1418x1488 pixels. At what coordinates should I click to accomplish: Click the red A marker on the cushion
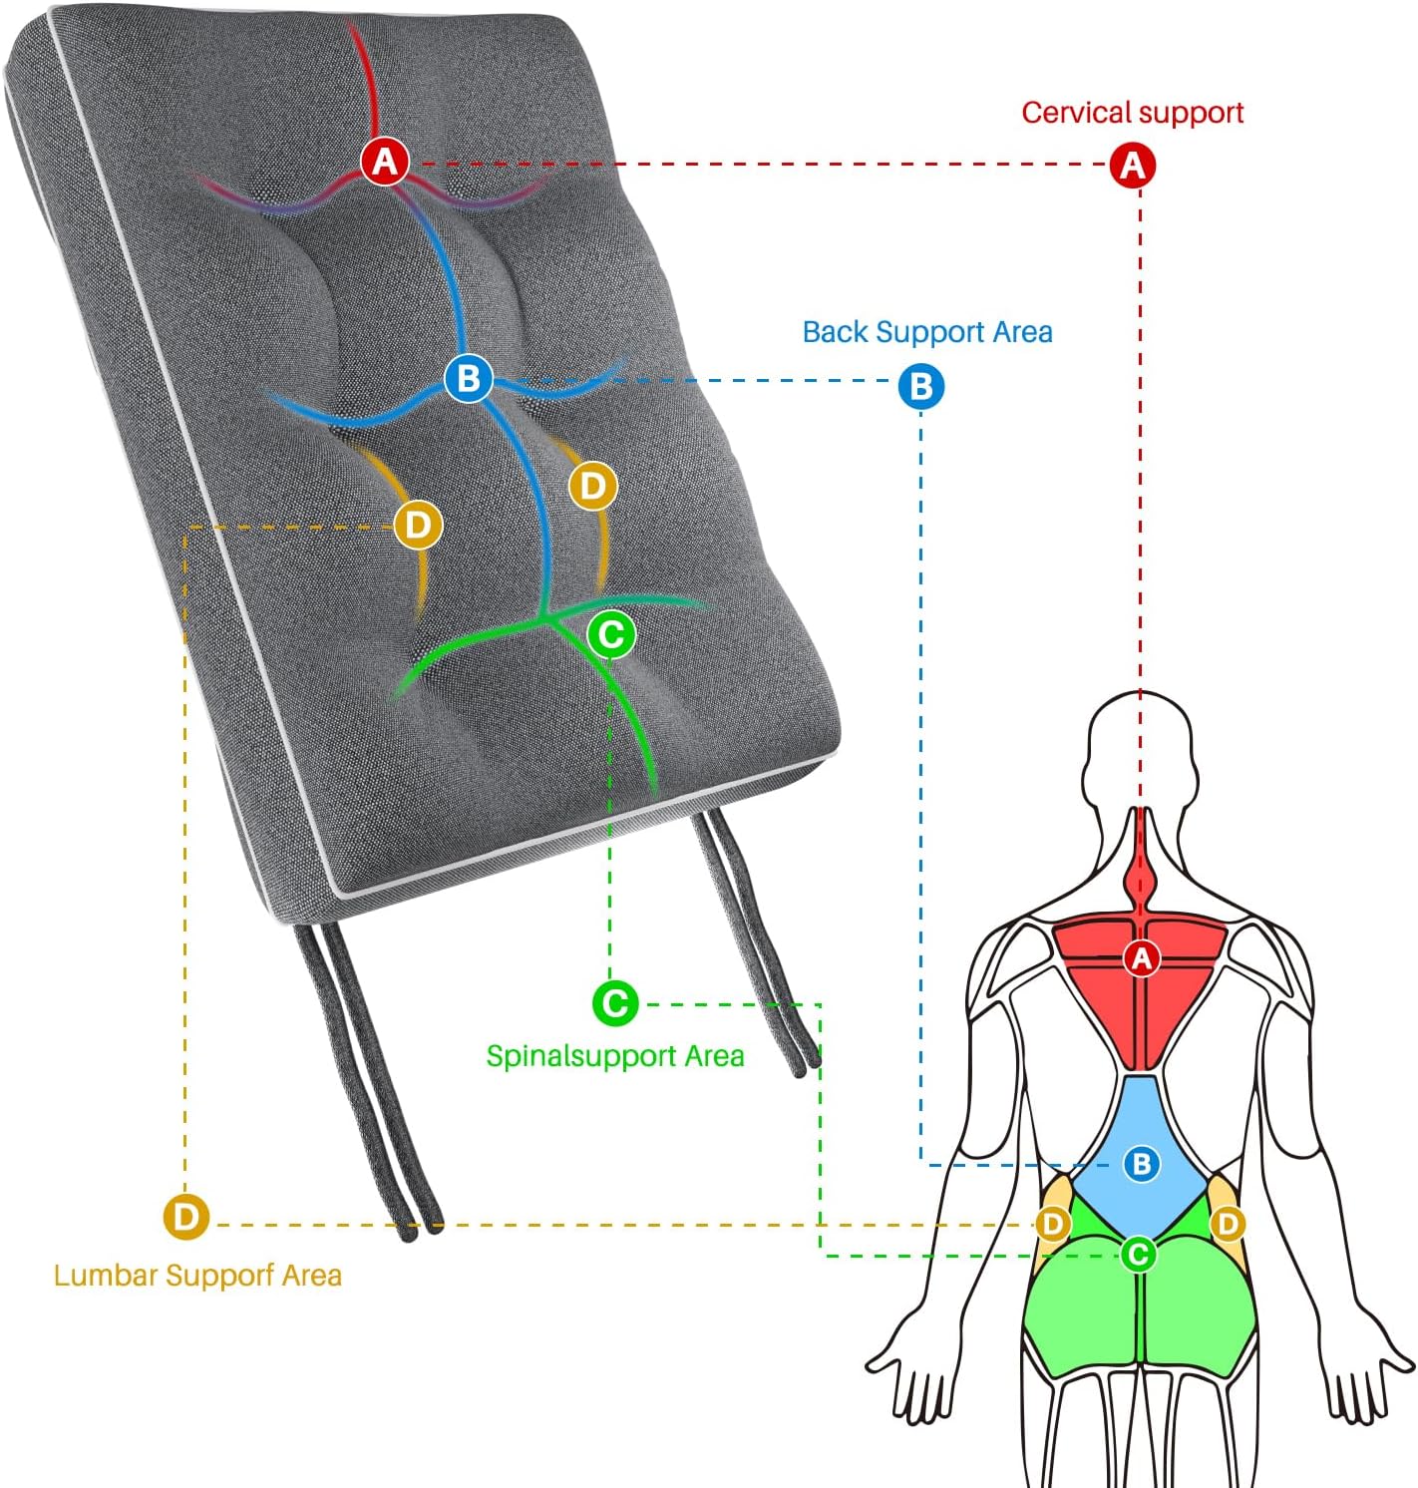tap(386, 161)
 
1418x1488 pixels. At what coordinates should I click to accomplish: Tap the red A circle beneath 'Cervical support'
tap(1133, 165)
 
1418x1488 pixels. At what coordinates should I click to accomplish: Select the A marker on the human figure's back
tap(1142, 958)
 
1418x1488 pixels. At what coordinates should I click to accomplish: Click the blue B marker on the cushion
tap(468, 378)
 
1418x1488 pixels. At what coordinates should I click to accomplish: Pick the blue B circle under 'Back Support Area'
tap(920, 386)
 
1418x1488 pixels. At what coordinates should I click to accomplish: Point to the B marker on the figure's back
tap(1142, 1163)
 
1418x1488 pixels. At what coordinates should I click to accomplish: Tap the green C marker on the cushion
tap(611, 633)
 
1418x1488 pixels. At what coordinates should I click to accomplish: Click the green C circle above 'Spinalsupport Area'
tap(615, 1003)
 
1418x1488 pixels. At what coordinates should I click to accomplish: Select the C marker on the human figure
tap(1138, 1254)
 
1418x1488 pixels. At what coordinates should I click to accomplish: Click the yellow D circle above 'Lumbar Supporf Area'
tap(185, 1217)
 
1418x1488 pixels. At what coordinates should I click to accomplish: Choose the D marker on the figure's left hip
tap(1053, 1224)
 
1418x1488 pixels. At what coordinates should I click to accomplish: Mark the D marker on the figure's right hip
tap(1228, 1224)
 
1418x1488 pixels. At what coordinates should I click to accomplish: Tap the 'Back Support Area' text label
tap(927, 332)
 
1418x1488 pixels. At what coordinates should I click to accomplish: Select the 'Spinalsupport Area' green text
tap(615, 1056)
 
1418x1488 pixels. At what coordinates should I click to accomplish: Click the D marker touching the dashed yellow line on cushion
tap(418, 525)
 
